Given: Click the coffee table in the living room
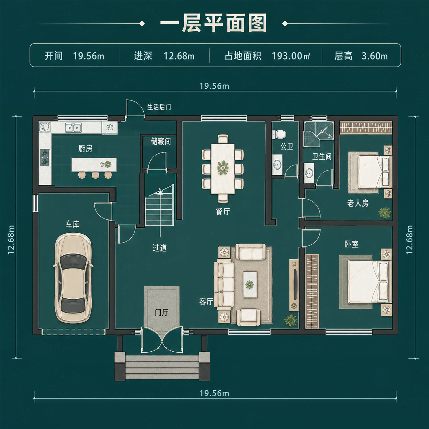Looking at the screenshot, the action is tap(250, 284).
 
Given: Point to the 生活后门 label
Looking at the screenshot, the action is tap(159, 107).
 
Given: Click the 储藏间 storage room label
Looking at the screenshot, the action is tap(161, 141).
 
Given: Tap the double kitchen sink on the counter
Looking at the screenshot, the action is tap(73, 128).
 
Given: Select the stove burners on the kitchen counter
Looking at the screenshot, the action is tap(45, 157).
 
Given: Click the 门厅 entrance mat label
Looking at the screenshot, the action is tap(161, 313).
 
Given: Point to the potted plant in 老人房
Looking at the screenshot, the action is tap(385, 212).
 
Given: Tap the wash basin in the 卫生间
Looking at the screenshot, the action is tap(309, 173).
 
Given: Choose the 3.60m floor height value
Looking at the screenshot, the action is tap(375, 56).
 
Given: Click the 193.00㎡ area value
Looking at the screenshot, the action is tap(291, 56).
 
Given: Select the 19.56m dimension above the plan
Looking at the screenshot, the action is tap(214, 86).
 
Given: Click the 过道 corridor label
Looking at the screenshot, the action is tap(159, 248).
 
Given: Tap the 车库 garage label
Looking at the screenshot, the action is tap(72, 224).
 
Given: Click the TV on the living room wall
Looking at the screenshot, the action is tap(296, 285).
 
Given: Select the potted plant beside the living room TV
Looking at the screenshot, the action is tap(291, 320).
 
